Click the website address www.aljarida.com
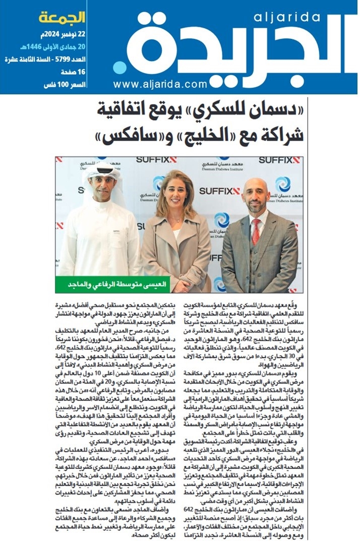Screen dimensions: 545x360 coord(160,84)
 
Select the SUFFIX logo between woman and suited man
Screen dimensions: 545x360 coord(220,191)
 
